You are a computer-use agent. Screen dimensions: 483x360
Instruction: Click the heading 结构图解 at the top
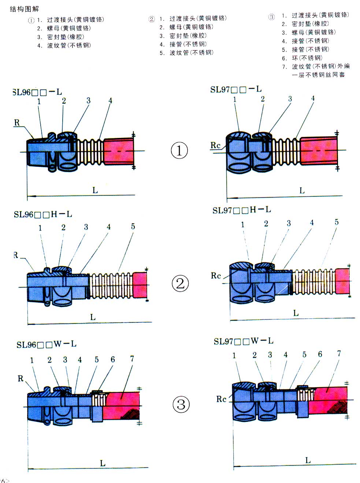(24, 9)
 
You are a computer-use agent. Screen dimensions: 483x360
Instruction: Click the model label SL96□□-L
(37, 92)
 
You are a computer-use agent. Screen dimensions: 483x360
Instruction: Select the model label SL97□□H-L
(241, 210)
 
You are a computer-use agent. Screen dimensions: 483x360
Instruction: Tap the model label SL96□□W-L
(46, 344)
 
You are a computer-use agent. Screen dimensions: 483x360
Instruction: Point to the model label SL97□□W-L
(243, 341)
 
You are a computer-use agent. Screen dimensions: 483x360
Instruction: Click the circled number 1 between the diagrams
(179, 150)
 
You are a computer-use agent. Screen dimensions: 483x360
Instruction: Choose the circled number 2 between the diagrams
(180, 284)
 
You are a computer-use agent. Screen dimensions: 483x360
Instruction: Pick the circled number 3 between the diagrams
(181, 405)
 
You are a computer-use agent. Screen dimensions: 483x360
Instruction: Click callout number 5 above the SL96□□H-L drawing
(133, 227)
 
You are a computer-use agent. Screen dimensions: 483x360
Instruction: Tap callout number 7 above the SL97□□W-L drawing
(339, 353)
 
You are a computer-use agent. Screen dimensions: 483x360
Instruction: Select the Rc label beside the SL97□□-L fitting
(215, 145)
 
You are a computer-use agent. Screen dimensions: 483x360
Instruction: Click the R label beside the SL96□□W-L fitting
(21, 378)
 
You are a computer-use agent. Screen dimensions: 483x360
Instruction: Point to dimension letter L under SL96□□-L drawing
(95, 190)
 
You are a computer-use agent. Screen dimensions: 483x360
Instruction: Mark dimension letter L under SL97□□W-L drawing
(308, 460)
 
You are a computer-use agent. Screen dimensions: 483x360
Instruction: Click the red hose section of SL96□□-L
(118, 151)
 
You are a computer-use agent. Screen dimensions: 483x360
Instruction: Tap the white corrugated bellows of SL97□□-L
(286, 151)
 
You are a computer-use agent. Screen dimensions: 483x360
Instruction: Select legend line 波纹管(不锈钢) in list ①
(68, 45)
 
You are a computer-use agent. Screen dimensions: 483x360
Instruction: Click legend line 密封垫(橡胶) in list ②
(188, 35)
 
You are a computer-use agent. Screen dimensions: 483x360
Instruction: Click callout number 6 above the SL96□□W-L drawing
(113, 360)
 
